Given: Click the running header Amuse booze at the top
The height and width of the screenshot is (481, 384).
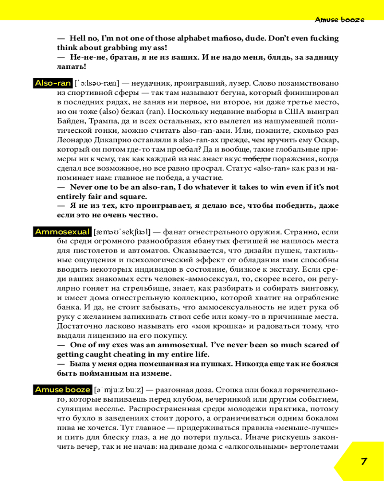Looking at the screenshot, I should click(x=339, y=20).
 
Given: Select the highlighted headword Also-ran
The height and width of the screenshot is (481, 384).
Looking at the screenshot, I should click(x=53, y=83).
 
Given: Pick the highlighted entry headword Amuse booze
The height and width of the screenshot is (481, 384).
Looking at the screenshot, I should click(x=62, y=390).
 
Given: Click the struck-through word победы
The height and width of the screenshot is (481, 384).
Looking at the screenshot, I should click(x=257, y=159).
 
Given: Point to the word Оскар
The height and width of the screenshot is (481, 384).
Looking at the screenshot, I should click(x=327, y=140).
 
